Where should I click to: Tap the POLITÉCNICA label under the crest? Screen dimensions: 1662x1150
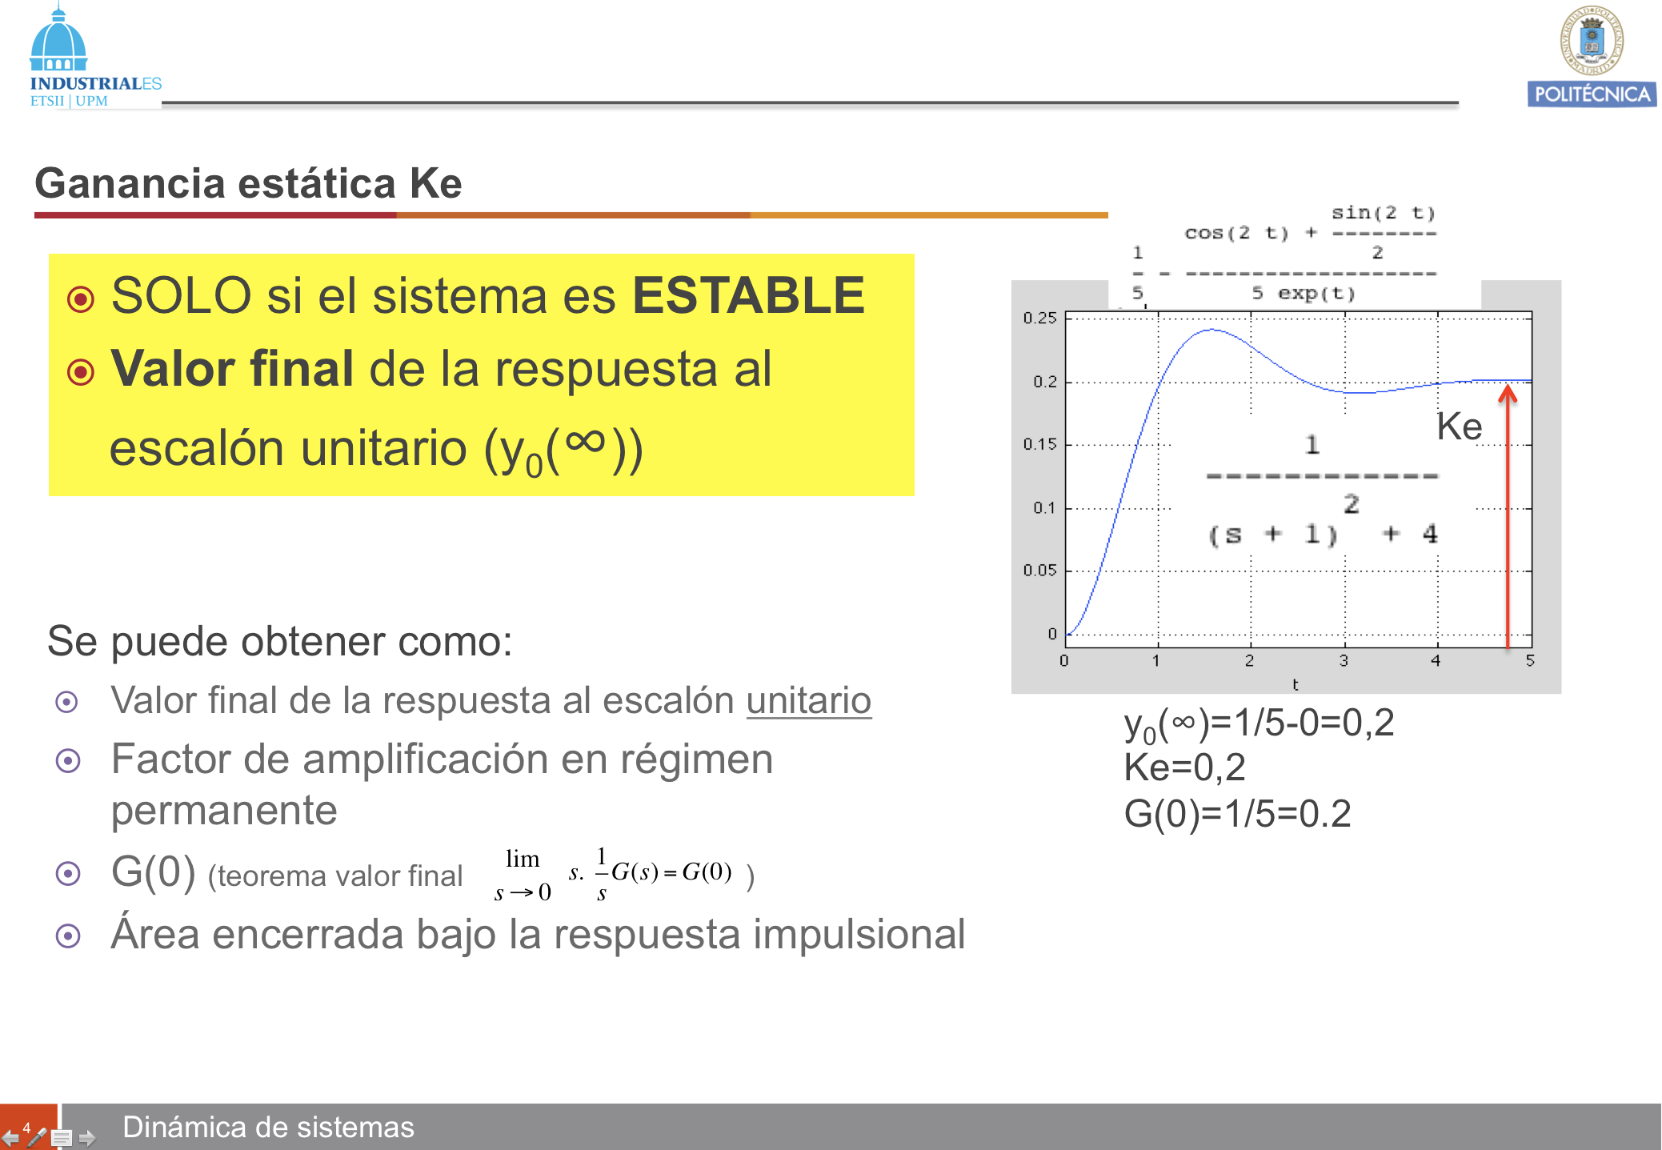(x=1592, y=94)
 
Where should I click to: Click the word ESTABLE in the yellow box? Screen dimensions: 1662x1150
(x=748, y=295)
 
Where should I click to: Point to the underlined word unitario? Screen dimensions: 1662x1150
(x=808, y=701)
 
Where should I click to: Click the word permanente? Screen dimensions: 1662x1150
(x=224, y=811)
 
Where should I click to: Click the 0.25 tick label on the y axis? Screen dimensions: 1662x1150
(x=1039, y=318)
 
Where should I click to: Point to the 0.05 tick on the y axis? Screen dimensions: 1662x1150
(x=1039, y=570)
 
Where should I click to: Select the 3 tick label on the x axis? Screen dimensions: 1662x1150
(x=1344, y=661)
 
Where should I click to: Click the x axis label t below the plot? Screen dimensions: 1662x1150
(x=1295, y=684)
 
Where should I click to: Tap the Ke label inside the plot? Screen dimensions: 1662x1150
(x=1459, y=426)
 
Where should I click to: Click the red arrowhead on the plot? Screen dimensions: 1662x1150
(x=1508, y=393)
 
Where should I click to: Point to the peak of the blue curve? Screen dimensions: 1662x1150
(x=1211, y=330)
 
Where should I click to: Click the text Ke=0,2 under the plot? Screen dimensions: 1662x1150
(x=1184, y=767)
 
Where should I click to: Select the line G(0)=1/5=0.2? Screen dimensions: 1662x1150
(x=1237, y=814)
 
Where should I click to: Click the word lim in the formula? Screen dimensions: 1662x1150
(x=523, y=859)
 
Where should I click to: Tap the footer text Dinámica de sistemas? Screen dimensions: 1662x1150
(x=268, y=1127)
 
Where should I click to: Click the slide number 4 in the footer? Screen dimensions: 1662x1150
(x=26, y=1128)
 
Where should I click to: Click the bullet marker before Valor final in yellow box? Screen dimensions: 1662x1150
(x=81, y=372)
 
